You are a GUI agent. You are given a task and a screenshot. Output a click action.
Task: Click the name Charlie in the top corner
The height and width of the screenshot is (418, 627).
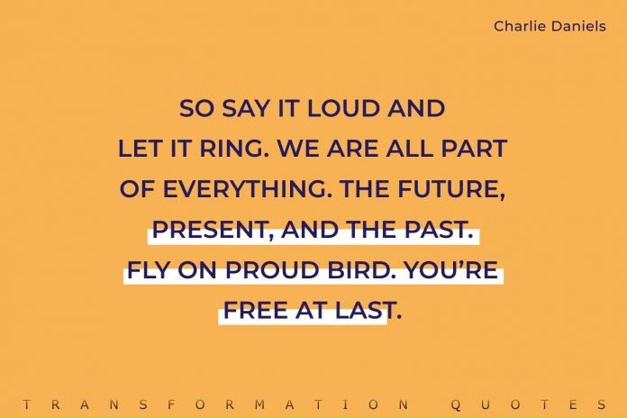coord(515,26)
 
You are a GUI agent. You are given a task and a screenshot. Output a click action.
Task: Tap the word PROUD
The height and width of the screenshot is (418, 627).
coord(262,270)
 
